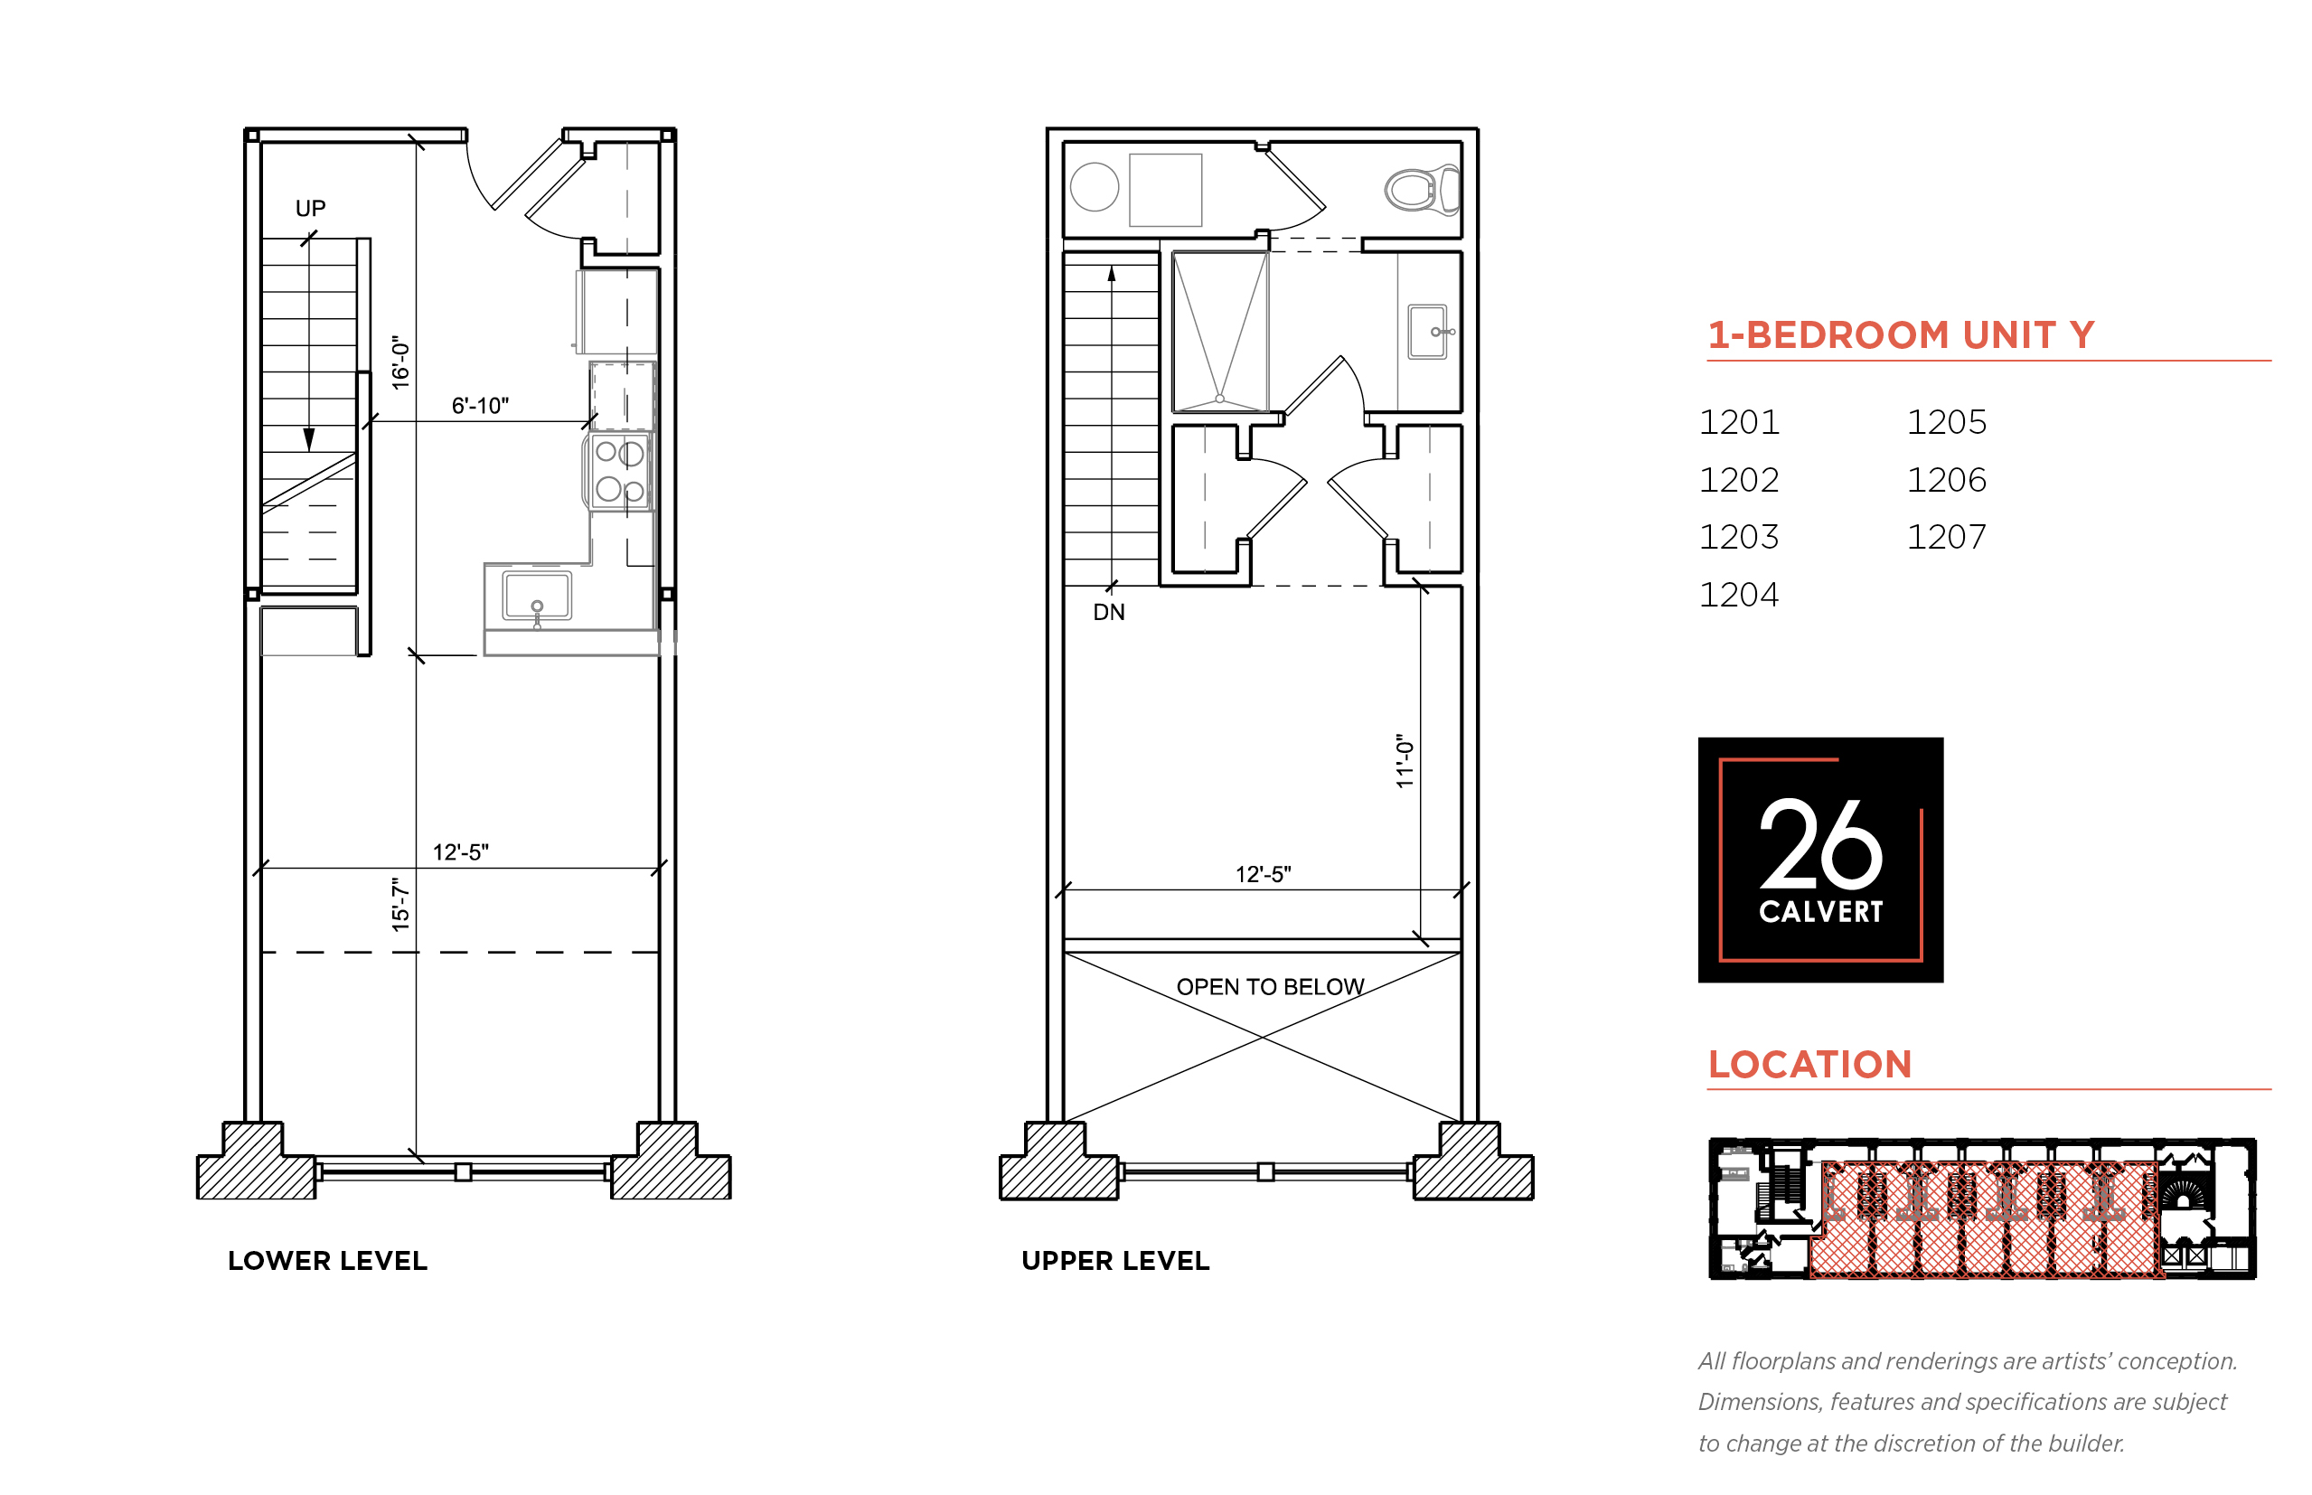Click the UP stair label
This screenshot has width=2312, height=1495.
[x=310, y=208]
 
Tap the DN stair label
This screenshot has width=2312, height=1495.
[x=1108, y=612]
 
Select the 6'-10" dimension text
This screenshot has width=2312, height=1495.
[x=480, y=406]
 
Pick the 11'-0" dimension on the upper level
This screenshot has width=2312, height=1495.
[x=1405, y=760]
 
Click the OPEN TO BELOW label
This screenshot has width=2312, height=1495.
[x=1270, y=987]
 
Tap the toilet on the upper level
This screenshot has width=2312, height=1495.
[x=1422, y=189]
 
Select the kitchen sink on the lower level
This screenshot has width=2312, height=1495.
[x=537, y=595]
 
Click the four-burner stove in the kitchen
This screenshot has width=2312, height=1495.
[x=618, y=472]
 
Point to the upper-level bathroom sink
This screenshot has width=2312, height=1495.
[x=1428, y=332]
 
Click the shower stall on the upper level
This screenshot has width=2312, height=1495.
[x=1220, y=332]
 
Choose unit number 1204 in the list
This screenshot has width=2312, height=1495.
[x=1738, y=594]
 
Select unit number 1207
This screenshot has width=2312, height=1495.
[x=1946, y=537]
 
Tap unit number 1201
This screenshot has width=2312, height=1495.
[x=1738, y=422]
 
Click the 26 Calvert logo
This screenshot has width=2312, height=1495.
[x=1820, y=860]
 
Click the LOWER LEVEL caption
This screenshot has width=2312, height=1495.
[x=327, y=1261]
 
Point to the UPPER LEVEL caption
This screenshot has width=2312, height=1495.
[x=1115, y=1261]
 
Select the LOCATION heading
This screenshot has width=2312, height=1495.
[x=1809, y=1065]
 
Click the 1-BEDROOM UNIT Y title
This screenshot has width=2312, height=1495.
[x=1901, y=335]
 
